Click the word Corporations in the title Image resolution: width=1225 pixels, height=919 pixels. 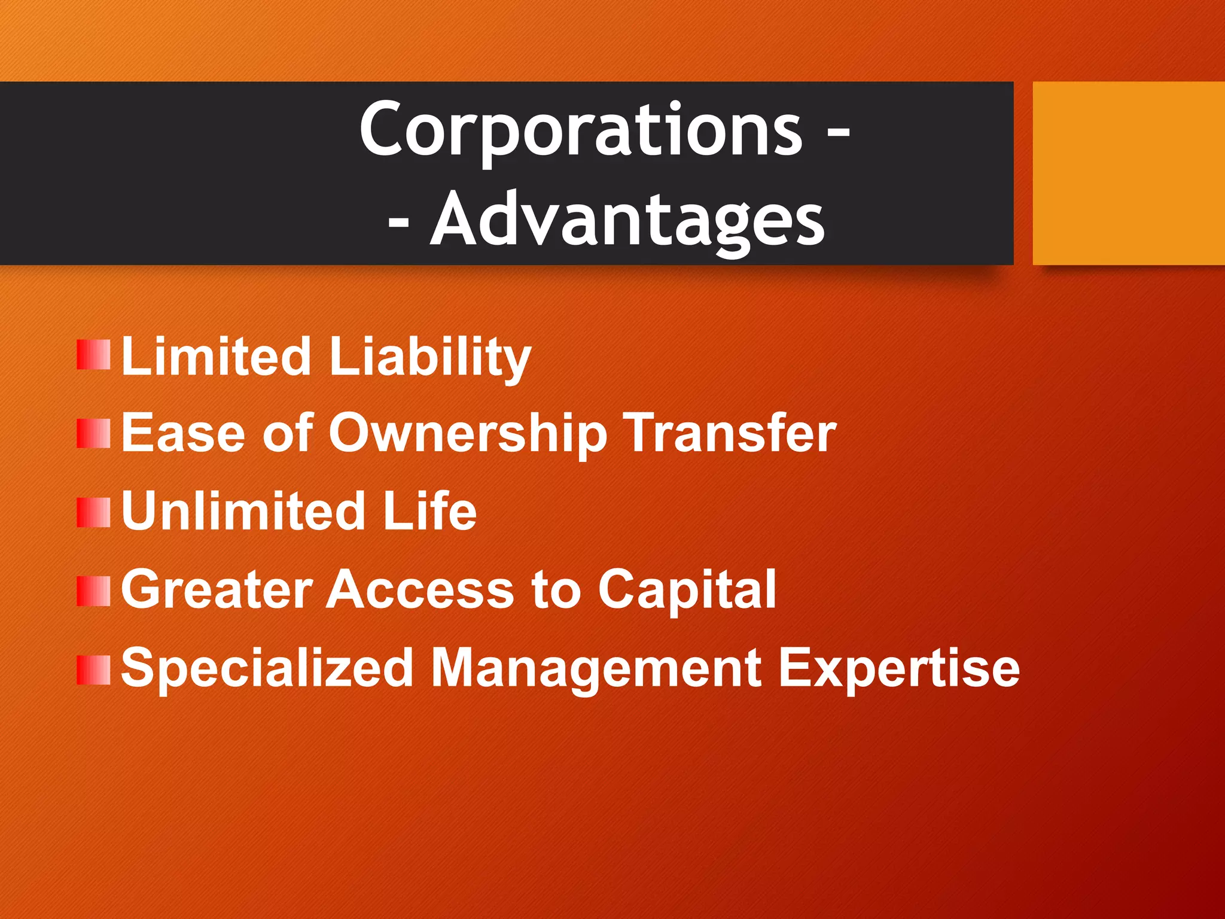(580, 129)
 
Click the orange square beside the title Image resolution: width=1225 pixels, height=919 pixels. (1128, 173)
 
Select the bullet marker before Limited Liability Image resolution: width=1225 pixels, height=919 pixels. (93, 355)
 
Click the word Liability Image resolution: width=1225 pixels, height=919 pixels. (429, 357)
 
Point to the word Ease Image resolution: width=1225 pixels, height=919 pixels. (183, 433)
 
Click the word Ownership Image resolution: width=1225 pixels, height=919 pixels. (467, 434)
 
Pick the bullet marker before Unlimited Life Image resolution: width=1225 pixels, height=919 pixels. (93, 513)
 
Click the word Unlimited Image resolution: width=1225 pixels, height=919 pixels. (243, 511)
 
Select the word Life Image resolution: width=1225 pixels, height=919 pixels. (429, 511)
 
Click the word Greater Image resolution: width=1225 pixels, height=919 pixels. (217, 590)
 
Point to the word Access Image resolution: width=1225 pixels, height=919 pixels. (419, 590)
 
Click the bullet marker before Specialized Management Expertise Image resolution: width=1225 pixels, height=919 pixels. (93, 670)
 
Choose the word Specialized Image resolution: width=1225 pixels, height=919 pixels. (267, 669)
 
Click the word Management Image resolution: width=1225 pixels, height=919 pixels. (596, 669)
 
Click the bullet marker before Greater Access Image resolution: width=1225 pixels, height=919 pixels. (93, 591)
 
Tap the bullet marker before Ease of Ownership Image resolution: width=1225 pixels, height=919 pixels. (93, 434)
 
